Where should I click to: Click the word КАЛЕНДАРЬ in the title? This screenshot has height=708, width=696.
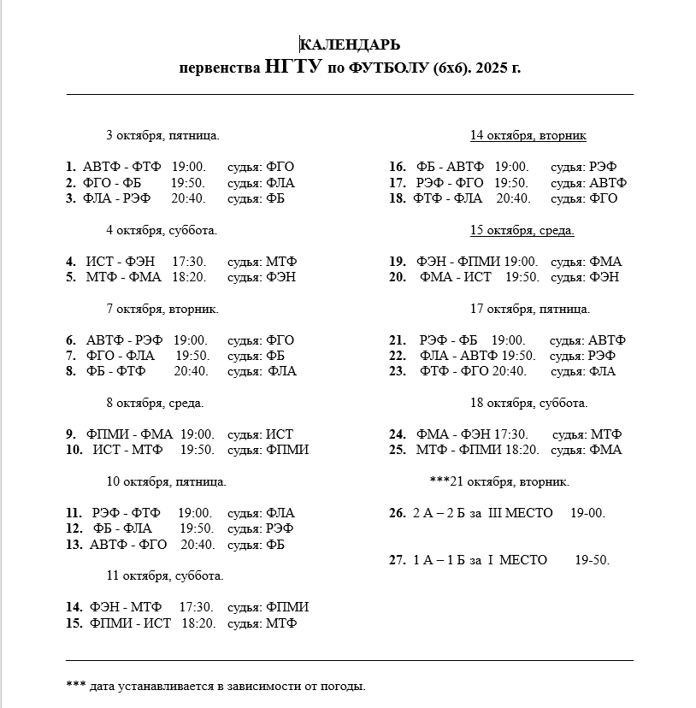pos(350,44)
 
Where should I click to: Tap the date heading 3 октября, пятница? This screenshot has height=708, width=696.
pos(162,135)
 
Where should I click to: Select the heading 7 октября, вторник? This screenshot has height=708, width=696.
pos(162,309)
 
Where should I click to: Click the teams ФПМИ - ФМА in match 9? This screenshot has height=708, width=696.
pos(129,434)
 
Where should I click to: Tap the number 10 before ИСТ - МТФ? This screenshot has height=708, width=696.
pos(74,450)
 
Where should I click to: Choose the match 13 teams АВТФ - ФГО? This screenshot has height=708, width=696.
pos(128,544)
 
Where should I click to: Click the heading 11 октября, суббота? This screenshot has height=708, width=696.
pos(165,575)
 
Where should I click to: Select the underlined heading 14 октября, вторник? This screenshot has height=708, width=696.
pos(528,135)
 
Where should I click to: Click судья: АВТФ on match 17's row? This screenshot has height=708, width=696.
pos(588,183)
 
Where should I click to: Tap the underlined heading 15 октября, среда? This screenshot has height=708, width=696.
pos(522,230)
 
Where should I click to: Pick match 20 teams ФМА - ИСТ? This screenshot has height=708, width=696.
pos(456,277)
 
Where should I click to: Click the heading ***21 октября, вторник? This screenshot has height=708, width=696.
pos(499,481)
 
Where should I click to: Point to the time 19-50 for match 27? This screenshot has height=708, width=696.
pos(592,560)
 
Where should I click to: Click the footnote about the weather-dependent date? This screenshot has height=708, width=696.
pos(215,686)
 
